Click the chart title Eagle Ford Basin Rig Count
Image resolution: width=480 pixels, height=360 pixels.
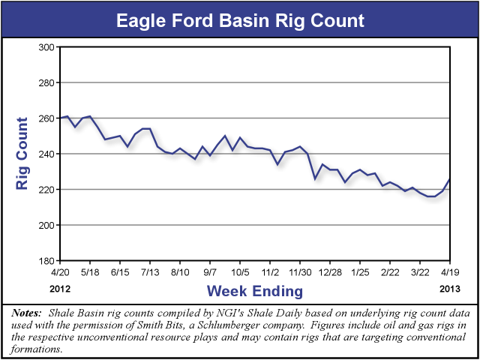tap(240, 19)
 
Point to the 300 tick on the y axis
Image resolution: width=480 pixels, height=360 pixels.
tap(47, 47)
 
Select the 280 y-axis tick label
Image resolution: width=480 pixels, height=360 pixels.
tap(47, 82)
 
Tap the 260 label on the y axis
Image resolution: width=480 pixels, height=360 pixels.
tap(47, 118)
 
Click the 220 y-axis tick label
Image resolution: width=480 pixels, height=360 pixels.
tap(47, 190)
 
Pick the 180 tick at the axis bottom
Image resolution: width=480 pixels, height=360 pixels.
tap(47, 261)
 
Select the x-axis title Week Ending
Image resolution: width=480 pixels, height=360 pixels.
tap(255, 290)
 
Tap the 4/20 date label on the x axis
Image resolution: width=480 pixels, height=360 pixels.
tap(60, 271)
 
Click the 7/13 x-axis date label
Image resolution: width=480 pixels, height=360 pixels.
tap(149, 271)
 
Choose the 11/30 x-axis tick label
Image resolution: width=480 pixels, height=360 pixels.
tap(300, 271)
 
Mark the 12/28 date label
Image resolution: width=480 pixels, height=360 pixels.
tap(330, 271)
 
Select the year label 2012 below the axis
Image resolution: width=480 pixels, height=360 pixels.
tap(60, 288)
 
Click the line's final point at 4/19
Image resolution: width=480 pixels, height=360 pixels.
tap(450, 178)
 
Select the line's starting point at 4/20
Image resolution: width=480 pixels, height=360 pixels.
tap(61, 118)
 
